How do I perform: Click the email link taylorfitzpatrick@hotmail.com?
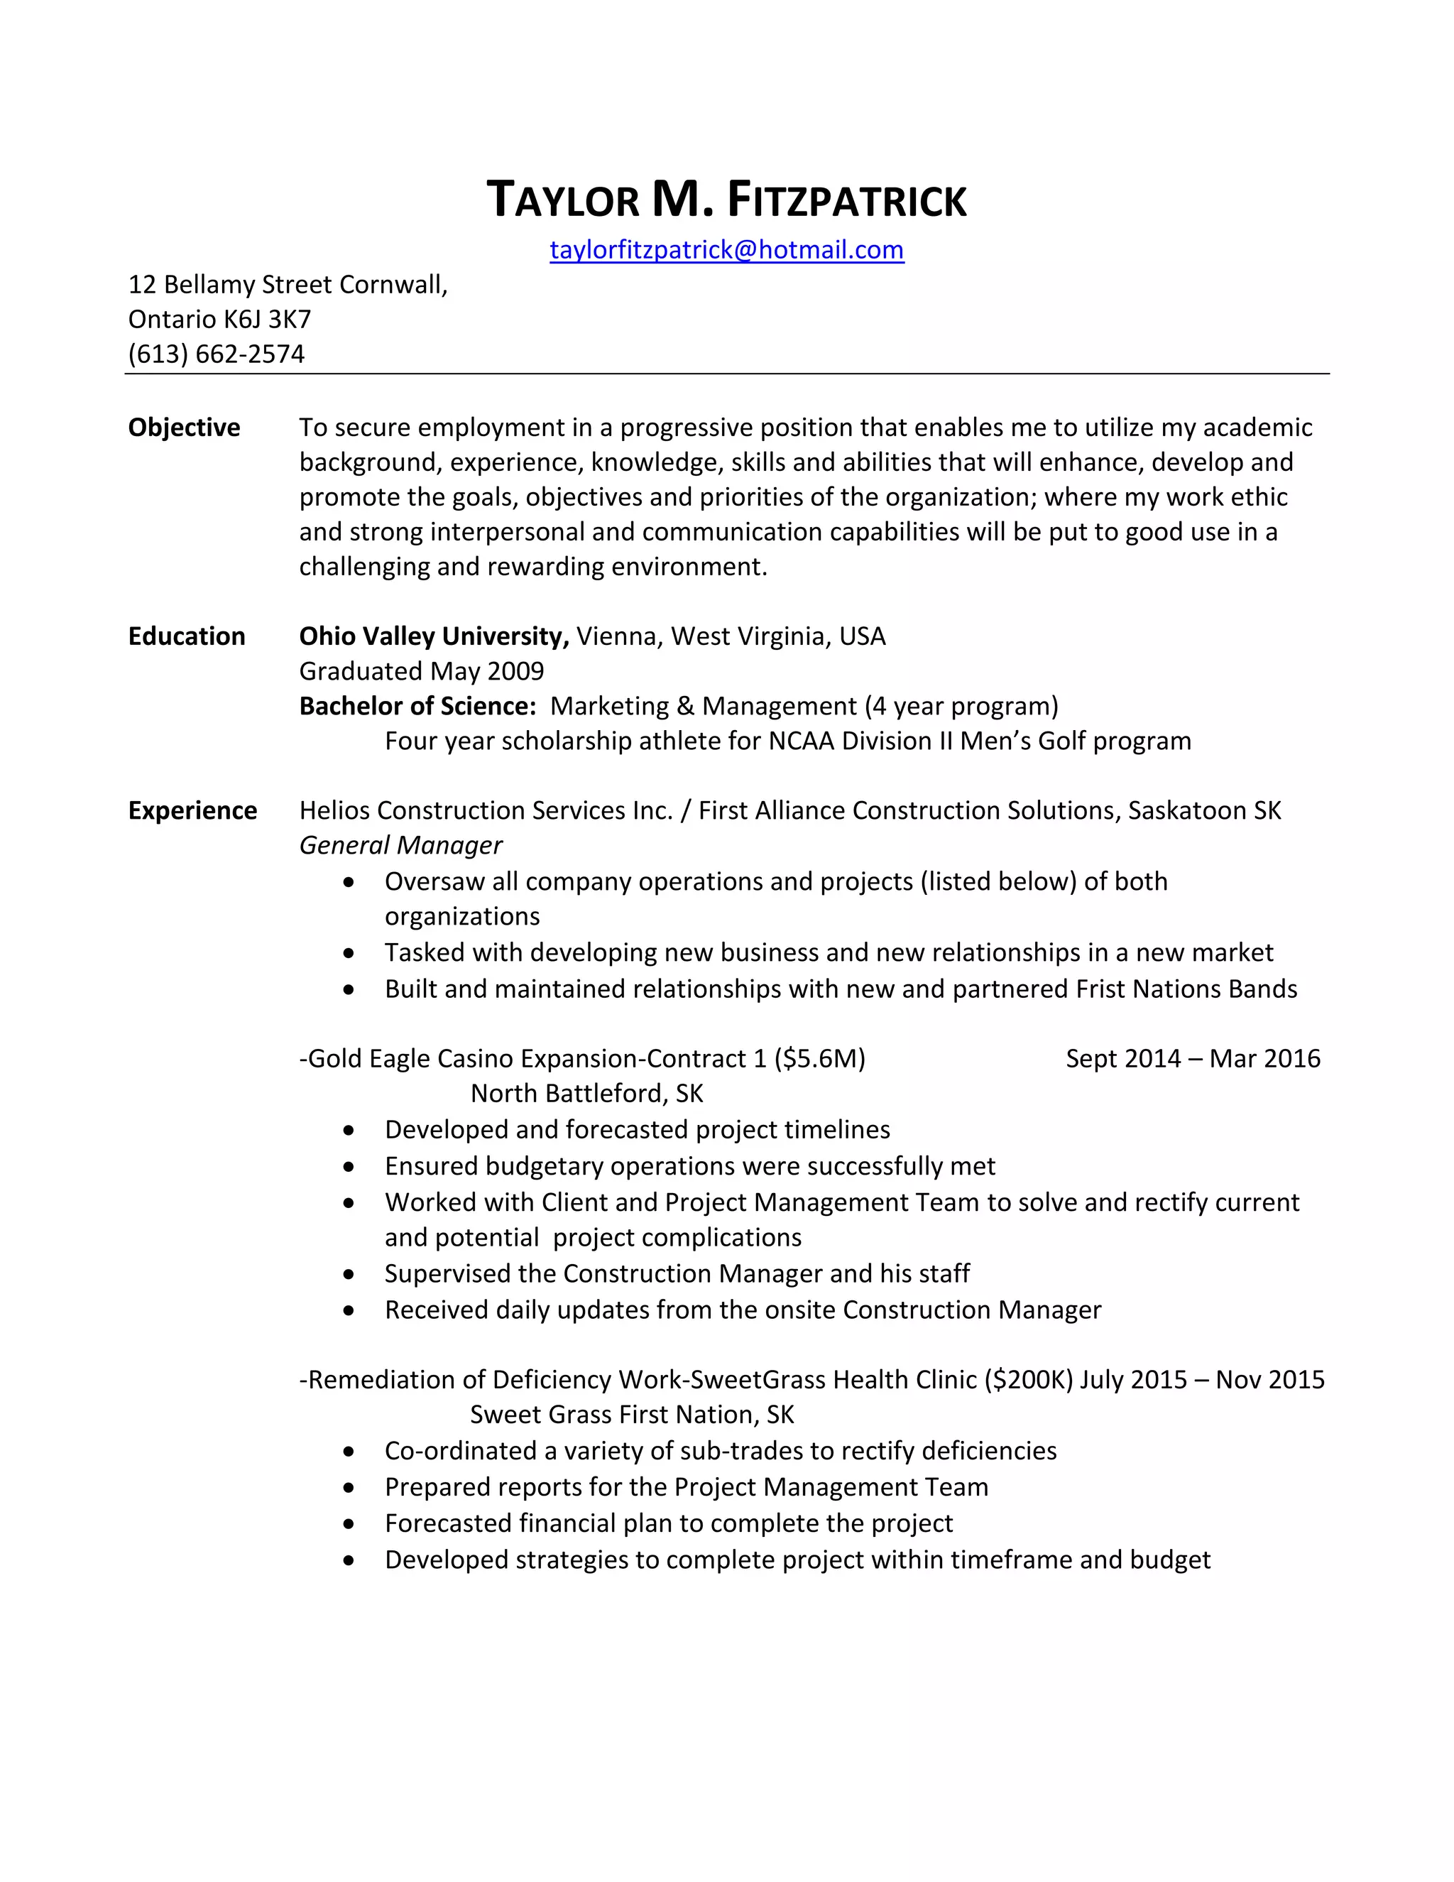pyautogui.click(x=726, y=250)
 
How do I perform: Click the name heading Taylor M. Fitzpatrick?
pyautogui.click(x=726, y=200)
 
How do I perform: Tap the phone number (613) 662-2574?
pyautogui.click(x=217, y=354)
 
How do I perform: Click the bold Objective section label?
pyautogui.click(x=183, y=428)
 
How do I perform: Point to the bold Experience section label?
pyautogui.click(x=192, y=810)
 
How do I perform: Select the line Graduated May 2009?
pyautogui.click(x=421, y=671)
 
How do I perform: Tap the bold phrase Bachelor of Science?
pyautogui.click(x=417, y=706)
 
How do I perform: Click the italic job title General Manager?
pyautogui.click(x=400, y=845)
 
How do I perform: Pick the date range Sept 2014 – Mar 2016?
pyautogui.click(x=1192, y=1058)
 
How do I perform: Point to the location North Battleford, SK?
pyautogui.click(x=586, y=1094)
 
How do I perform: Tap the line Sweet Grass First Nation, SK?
pyautogui.click(x=631, y=1415)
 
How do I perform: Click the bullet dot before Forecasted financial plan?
pyautogui.click(x=348, y=1524)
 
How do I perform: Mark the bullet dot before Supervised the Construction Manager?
pyautogui.click(x=348, y=1275)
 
